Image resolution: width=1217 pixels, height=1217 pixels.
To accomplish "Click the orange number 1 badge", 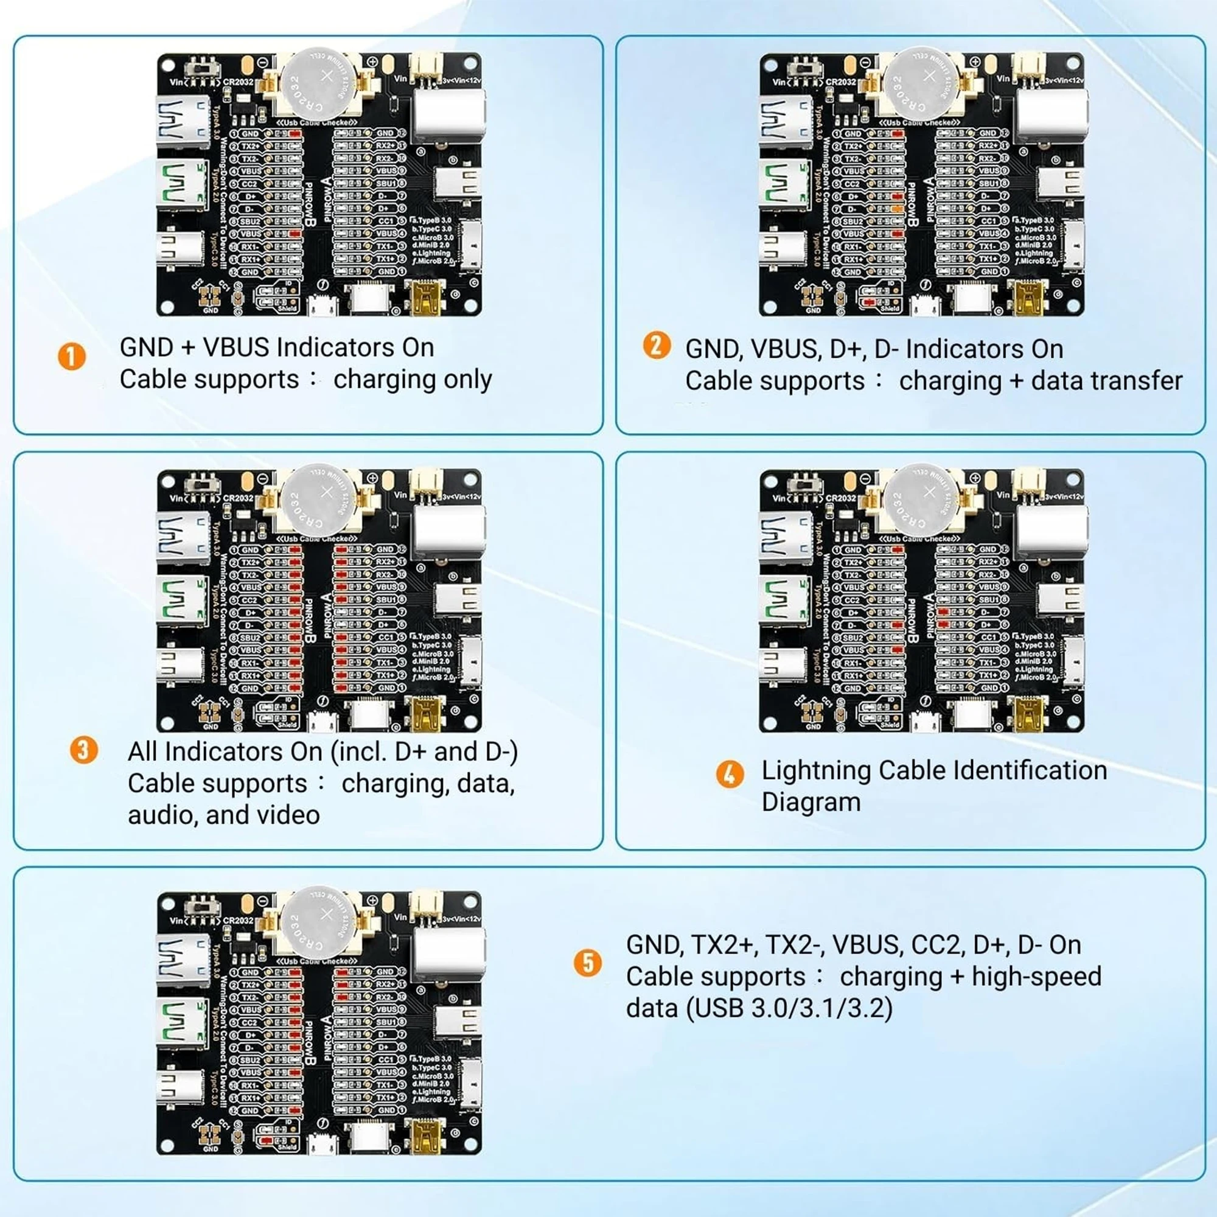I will pos(72,357).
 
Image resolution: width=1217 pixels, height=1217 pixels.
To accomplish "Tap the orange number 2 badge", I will pos(657,346).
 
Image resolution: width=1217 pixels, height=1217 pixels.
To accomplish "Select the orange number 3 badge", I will pos(84,750).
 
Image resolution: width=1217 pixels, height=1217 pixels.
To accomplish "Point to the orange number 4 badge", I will pos(730,773).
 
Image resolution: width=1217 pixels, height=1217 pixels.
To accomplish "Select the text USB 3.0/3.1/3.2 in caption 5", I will pos(789,1008).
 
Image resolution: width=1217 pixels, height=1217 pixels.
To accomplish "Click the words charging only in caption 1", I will pos(413,380).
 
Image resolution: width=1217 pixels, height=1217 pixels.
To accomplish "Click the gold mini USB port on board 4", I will pos(1030,715).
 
